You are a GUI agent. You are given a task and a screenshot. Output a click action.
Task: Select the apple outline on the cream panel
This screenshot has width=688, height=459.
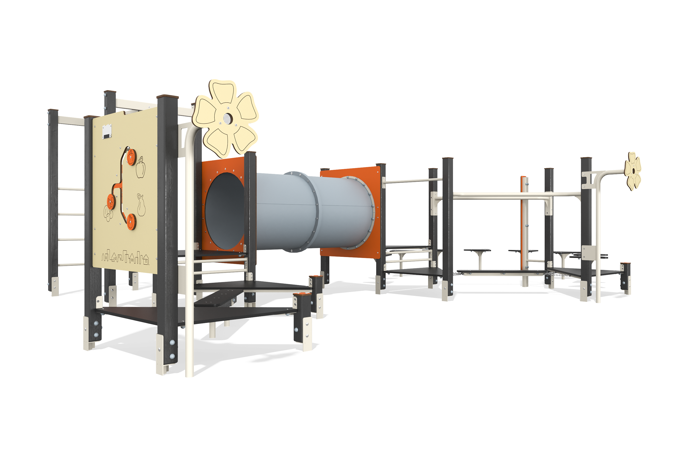coord(141,168)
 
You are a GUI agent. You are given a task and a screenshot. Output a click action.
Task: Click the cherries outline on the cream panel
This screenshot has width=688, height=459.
coord(108,214)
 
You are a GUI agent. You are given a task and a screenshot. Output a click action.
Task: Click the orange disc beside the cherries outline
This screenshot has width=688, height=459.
coord(111,202)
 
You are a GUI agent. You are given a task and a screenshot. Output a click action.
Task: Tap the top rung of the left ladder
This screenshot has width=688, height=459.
coord(71,189)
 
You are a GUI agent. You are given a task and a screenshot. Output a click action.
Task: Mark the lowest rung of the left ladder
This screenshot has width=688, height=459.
coord(71,265)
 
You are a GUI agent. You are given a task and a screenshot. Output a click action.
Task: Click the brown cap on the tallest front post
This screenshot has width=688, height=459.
coord(167,97)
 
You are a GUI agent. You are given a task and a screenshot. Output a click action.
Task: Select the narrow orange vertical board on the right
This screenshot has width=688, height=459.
coord(522,222)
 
